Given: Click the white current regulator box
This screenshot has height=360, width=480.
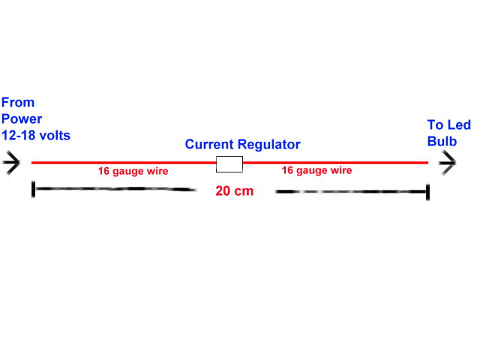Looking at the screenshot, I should (229, 164).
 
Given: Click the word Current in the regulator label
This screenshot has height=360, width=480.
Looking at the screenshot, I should (209, 144).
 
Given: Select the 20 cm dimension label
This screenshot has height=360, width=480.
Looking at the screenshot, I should (234, 190).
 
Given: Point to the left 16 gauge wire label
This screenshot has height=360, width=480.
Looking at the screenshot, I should (133, 171).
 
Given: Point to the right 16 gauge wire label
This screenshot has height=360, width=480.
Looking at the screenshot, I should (316, 170).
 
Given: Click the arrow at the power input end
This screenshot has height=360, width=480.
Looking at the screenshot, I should (12, 163).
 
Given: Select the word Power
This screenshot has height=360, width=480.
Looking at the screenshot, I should (22, 118).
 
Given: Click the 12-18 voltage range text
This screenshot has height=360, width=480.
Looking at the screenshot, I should (20, 134).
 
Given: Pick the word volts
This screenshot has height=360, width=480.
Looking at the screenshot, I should (59, 134).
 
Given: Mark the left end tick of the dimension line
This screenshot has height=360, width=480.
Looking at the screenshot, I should (33, 189).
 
